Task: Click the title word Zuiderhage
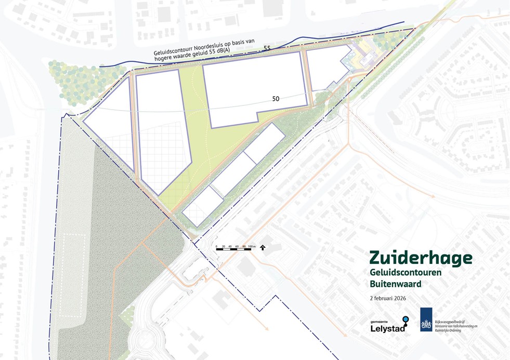[421, 258]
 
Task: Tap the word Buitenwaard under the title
[395, 284]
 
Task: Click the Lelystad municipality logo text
[384, 328]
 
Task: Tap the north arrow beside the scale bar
[263, 247]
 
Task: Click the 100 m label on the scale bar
[252, 246]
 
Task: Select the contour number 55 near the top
[267, 48]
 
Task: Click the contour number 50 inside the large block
[276, 98]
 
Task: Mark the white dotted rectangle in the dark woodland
[72, 275]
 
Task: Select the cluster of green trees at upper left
[78, 82]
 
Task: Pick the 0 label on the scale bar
[216, 246]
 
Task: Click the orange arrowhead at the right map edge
[433, 196]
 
